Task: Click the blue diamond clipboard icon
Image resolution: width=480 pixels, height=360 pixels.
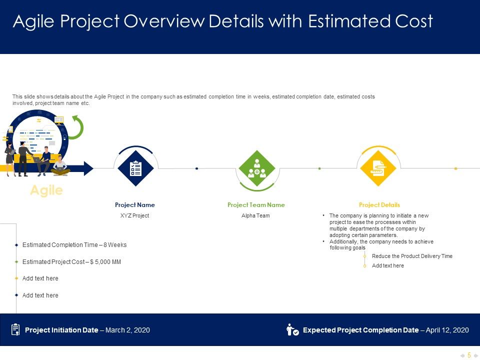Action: [135, 168]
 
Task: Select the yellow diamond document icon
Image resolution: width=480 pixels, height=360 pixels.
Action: [378, 168]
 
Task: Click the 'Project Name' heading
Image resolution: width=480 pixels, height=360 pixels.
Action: [135, 205]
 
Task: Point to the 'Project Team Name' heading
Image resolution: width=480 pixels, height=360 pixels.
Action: [256, 205]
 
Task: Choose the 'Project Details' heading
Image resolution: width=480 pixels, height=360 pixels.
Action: [379, 205]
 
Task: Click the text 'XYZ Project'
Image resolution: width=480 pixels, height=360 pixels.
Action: [135, 216]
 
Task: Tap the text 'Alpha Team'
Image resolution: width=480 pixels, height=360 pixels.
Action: [256, 216]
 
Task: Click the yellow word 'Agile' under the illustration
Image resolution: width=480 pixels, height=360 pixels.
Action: [46, 190]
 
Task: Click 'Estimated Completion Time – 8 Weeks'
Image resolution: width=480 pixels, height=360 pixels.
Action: [74, 245]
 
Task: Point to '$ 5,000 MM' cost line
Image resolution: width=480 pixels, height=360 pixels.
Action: [105, 262]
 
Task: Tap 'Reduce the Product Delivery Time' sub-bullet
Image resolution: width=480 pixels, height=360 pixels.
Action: [412, 256]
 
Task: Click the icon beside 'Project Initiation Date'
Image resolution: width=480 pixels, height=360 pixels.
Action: [15, 329]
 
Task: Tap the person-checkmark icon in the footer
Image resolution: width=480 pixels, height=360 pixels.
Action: [292, 330]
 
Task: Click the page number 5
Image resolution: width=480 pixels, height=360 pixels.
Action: [469, 355]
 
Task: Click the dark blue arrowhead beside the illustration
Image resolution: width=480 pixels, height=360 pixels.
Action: [88, 168]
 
